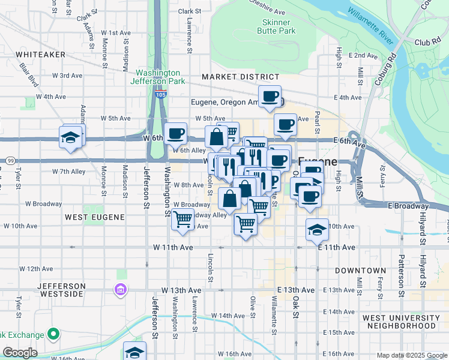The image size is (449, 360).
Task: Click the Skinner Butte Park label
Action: [276, 26]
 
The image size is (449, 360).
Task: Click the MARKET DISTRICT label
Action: [240, 77]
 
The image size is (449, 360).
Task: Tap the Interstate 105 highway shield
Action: [160, 94]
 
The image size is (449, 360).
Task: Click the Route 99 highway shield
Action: [10, 161]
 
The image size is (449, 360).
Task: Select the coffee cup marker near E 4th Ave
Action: [270, 97]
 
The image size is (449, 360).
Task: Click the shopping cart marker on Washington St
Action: [182, 220]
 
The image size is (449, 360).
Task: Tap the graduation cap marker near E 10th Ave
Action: [318, 229]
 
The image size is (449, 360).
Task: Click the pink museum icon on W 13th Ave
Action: [121, 290]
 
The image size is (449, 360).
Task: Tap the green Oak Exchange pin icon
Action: [53, 334]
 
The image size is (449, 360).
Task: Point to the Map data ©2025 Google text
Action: [411, 355]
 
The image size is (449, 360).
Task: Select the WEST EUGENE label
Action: [94, 217]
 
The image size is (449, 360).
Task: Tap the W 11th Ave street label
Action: [173, 247]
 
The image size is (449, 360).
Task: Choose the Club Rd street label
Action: [427, 43]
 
